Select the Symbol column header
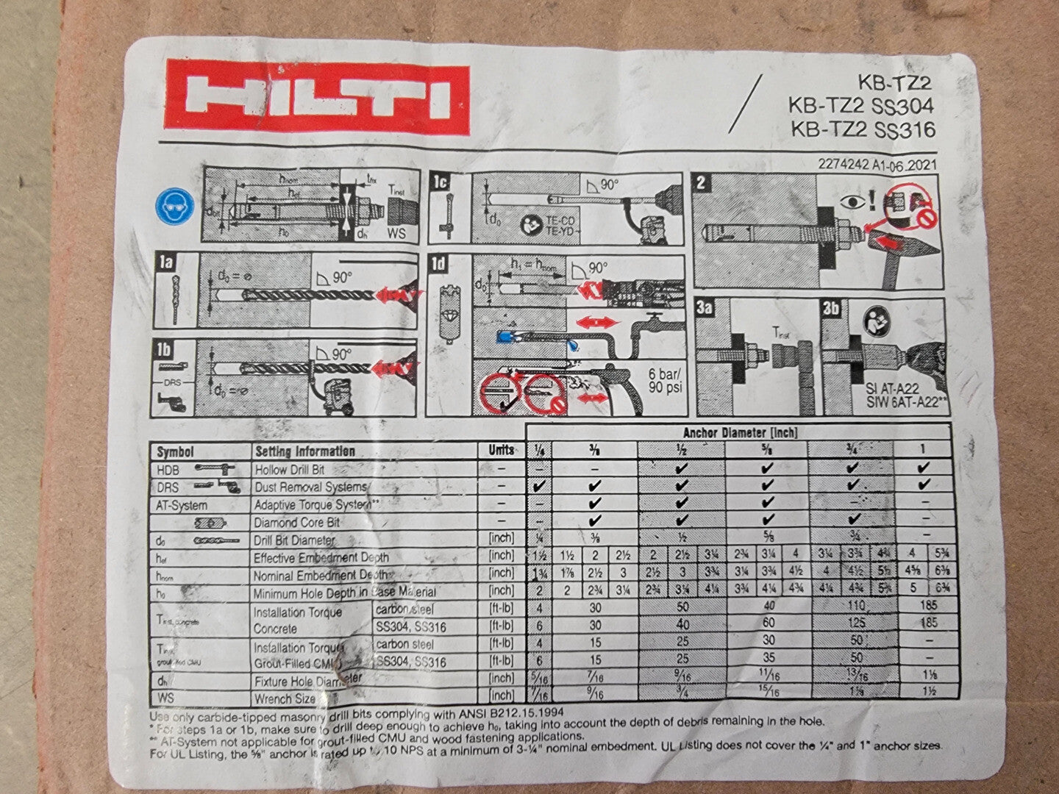click(176, 451)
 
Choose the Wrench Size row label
click(284, 698)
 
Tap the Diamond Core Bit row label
click(296, 523)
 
